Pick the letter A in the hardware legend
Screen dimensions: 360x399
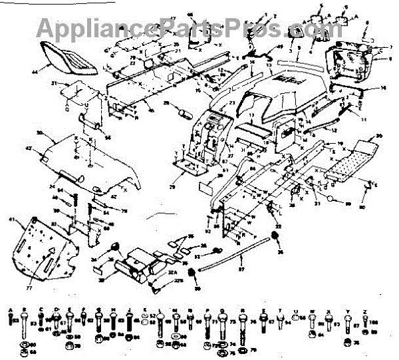click(12, 310)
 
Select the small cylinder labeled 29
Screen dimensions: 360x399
click(180, 108)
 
